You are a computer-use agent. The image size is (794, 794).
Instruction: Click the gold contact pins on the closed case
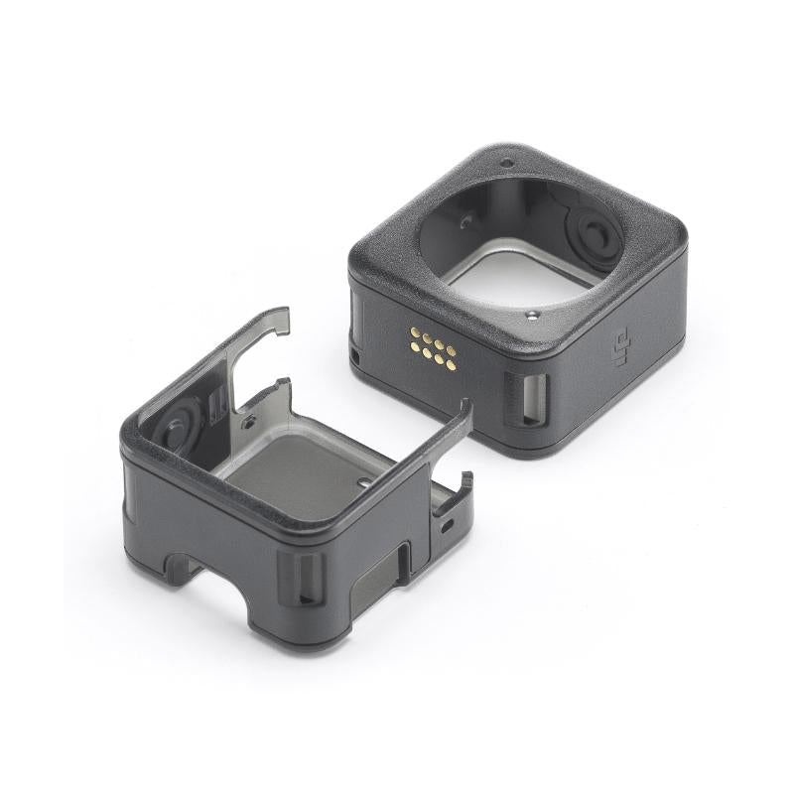pyautogui.click(x=433, y=349)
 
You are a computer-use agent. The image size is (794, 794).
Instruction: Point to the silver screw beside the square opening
pyautogui.click(x=531, y=316)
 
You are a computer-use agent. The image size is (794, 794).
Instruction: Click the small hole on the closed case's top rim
pyautogui.click(x=506, y=163)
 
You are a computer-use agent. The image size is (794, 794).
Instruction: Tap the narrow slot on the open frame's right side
pyautogui.click(x=405, y=560)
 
